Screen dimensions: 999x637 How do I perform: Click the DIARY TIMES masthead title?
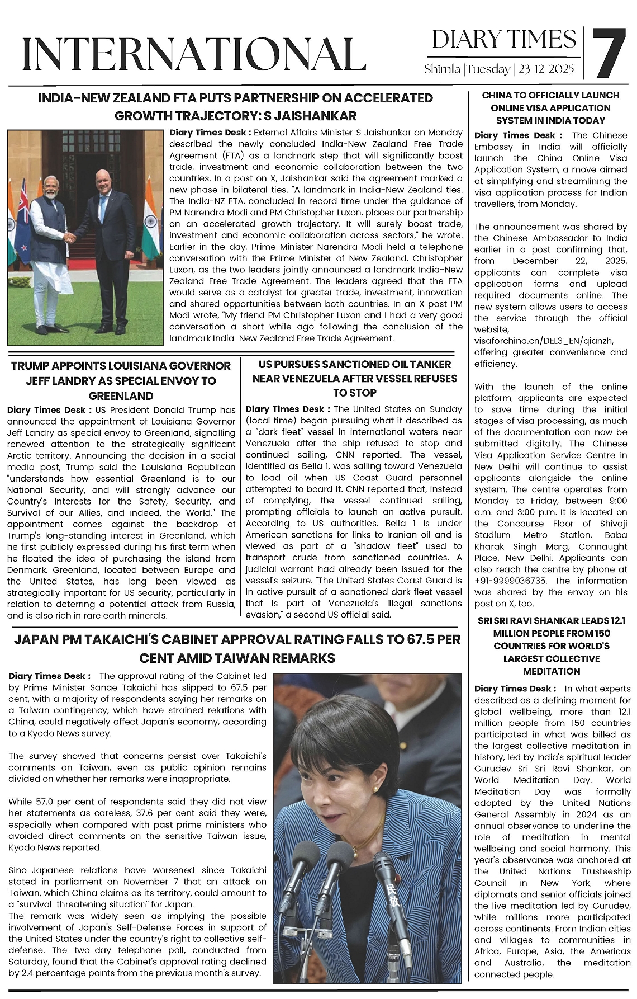(503, 40)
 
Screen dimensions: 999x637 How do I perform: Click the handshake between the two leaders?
(70, 237)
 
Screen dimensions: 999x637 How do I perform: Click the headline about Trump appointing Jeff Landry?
(121, 380)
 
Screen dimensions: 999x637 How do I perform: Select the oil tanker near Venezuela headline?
(354, 378)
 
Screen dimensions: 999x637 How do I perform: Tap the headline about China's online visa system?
(550, 107)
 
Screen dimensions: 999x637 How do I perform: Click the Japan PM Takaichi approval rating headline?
(237, 648)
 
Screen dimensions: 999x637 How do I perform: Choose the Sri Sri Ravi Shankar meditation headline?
(552, 645)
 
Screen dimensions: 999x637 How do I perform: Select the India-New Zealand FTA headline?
(235, 107)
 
